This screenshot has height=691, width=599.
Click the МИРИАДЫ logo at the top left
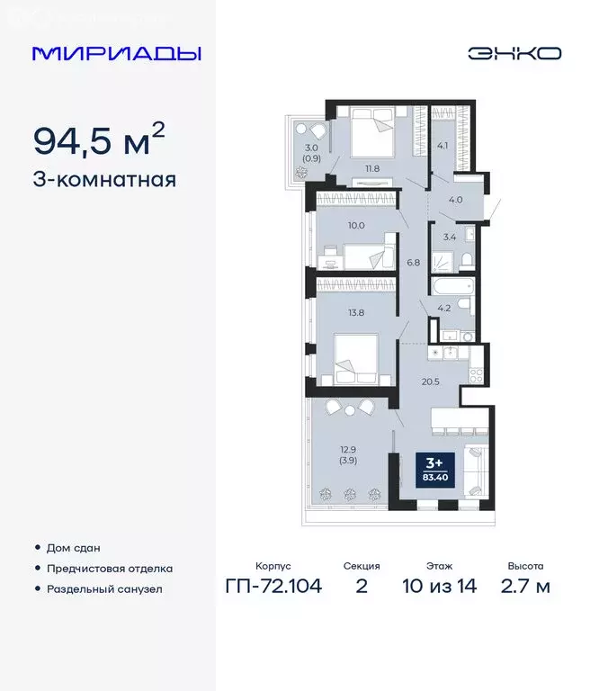coord(116,53)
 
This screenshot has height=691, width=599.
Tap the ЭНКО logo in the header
coord(514,53)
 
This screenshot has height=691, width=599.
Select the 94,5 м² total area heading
coord(99,139)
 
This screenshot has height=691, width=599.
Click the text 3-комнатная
coord(103,179)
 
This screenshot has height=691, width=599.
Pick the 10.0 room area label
coord(330,225)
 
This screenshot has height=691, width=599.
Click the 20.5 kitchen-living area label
coord(431,381)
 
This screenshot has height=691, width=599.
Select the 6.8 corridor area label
coord(413,263)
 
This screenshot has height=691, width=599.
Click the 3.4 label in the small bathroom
coord(449,238)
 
